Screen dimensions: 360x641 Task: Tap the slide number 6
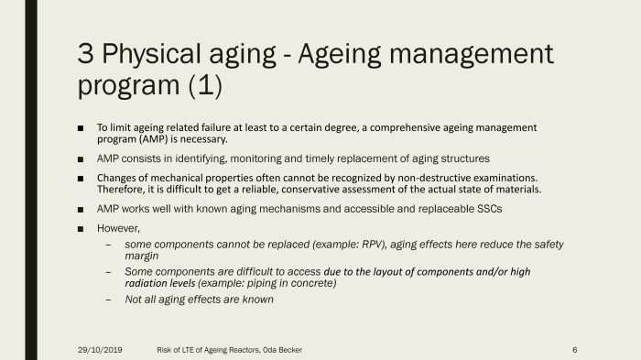coord(573,350)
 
